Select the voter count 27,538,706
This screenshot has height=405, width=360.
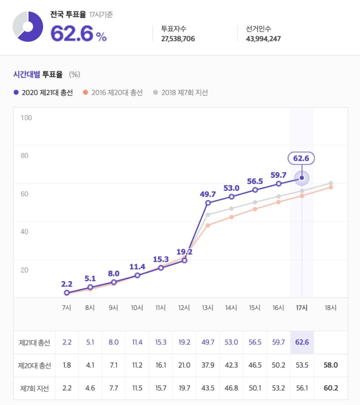tap(178, 39)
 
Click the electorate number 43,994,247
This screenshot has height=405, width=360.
tap(263, 39)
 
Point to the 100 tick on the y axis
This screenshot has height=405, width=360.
tap(27, 118)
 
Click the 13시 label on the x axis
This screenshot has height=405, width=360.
tap(208, 308)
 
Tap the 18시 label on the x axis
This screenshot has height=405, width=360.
tap(331, 308)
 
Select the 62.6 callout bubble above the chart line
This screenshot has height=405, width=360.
tap(301, 158)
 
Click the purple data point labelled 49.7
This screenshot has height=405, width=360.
tap(208, 203)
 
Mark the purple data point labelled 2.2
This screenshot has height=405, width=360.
tap(67, 292)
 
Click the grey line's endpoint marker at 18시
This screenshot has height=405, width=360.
tap(331, 183)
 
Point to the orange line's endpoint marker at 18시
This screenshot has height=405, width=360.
tap(331, 187)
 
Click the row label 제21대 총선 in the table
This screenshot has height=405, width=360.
tap(35, 343)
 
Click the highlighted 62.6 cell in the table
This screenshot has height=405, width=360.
tap(301, 343)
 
